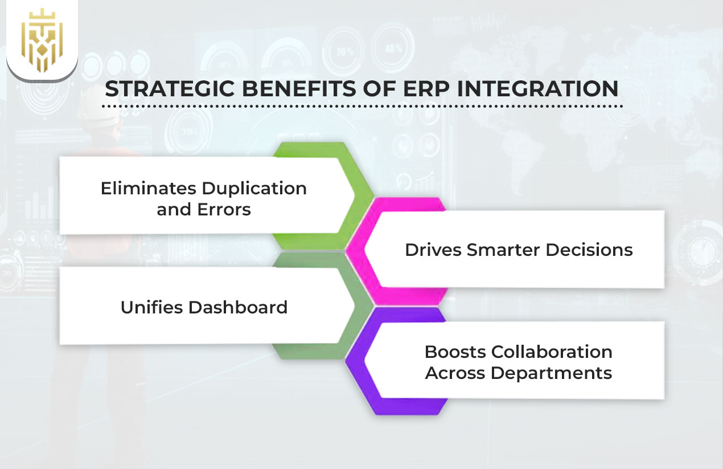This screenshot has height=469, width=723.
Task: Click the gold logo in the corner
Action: click(42, 39)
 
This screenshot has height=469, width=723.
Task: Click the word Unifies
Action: click(151, 308)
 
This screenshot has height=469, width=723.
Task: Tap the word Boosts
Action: click(455, 352)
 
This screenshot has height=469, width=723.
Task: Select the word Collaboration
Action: click(552, 352)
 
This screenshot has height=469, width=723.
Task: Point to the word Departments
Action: click(551, 373)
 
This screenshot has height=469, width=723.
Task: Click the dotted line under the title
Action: click(362, 106)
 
